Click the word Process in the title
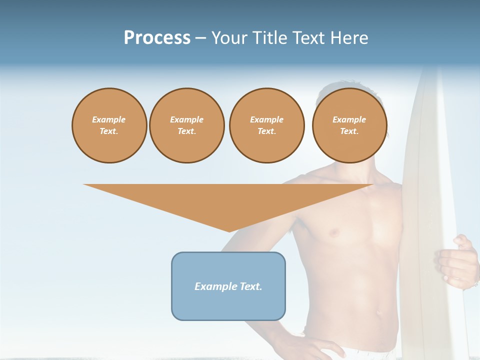(x=157, y=38)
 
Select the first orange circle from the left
(x=109, y=125)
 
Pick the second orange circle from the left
(x=186, y=125)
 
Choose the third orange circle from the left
(x=266, y=125)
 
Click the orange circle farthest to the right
(x=349, y=125)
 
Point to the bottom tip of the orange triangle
(x=229, y=231)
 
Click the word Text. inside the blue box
(x=251, y=286)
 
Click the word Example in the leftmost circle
(x=109, y=119)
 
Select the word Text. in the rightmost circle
(x=349, y=131)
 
